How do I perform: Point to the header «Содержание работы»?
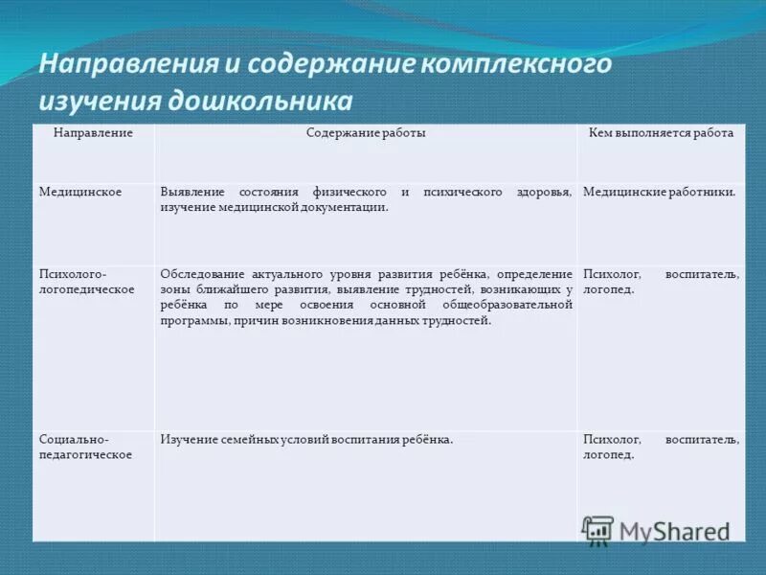click(366, 133)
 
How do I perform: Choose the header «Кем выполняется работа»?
click(661, 133)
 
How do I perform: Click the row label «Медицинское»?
click(79, 193)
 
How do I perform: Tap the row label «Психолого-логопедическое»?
click(86, 281)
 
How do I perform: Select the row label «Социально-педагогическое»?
click(85, 447)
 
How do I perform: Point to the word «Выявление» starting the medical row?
click(190, 193)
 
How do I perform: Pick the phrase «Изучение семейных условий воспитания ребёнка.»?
click(306, 439)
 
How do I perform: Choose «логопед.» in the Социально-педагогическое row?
click(608, 454)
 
